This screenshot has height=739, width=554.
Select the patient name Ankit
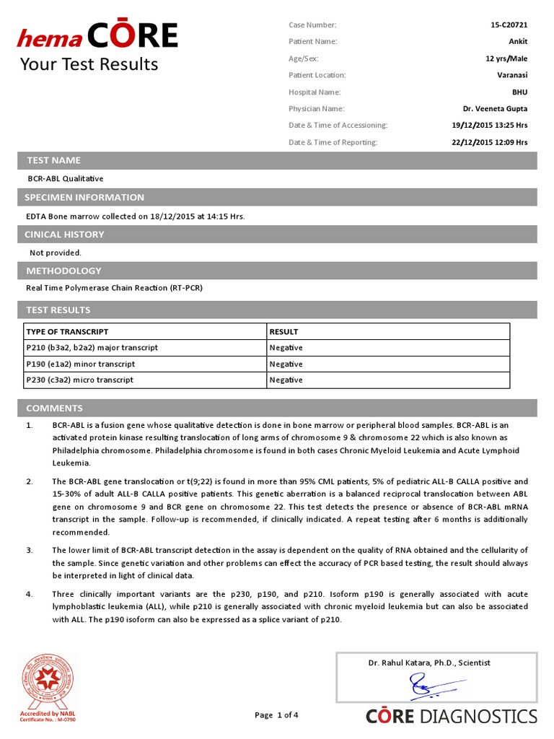[518, 42]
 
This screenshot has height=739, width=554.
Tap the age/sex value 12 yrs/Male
[506, 58]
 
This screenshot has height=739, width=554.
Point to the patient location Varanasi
[512, 75]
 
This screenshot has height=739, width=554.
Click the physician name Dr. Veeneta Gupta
[495, 109]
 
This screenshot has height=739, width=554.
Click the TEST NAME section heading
[53, 160]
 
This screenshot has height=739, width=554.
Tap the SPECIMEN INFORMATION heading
[84, 197]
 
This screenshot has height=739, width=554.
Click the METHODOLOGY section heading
[63, 271]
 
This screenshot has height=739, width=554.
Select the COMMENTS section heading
[54, 408]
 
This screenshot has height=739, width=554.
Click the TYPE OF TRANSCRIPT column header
[67, 332]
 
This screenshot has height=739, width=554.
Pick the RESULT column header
[283, 332]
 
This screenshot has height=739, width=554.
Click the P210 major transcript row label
[92, 348]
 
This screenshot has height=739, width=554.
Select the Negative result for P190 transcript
[286, 364]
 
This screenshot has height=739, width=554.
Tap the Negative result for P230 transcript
[286, 380]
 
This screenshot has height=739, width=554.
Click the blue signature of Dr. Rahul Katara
[428, 686]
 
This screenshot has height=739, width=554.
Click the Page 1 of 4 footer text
[276, 715]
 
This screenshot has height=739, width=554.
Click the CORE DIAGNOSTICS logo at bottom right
[452, 716]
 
